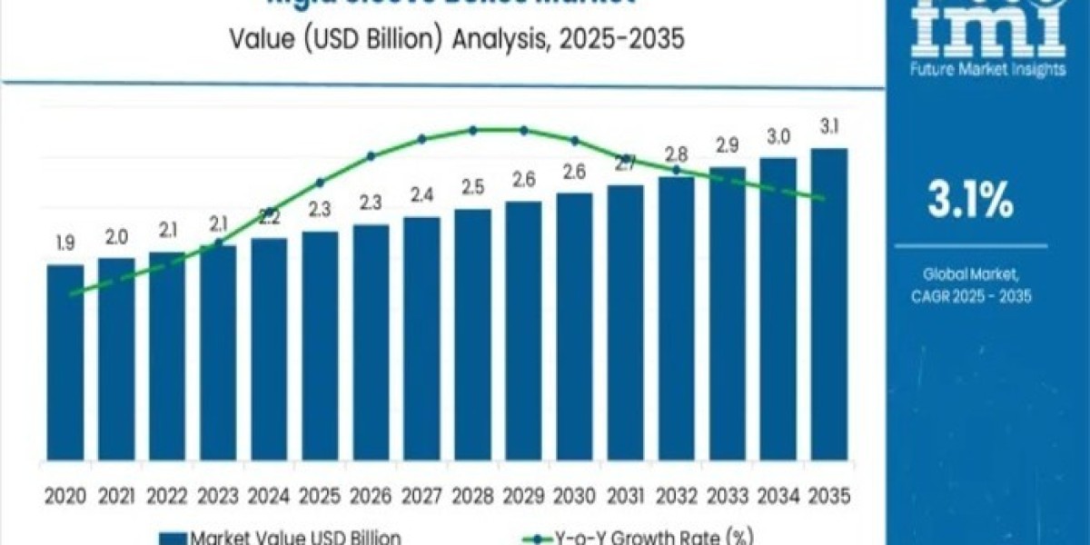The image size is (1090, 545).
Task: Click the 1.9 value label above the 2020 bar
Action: coord(64,243)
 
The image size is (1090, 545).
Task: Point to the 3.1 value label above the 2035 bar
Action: coord(828,125)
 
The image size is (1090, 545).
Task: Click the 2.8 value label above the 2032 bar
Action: coord(676,153)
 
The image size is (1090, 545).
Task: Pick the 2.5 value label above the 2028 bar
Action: coord(472,186)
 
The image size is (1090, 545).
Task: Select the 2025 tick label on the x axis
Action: coord(319,496)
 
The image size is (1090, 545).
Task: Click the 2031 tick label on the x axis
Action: coord(625,496)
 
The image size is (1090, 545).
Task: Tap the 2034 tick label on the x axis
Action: coord(778,496)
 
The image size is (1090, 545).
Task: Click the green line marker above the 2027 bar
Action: coord(421,139)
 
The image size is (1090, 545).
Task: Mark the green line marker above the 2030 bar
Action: coord(574,141)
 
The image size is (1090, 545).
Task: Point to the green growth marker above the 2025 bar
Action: coord(320,182)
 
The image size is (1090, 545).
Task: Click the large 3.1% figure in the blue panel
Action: coord(970,202)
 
